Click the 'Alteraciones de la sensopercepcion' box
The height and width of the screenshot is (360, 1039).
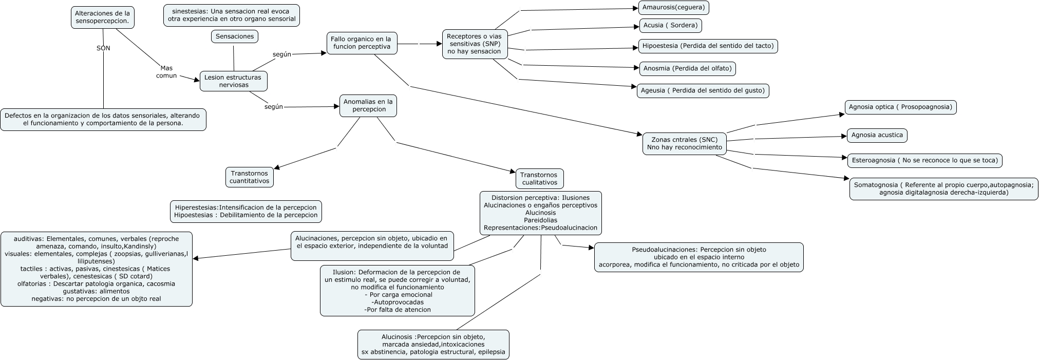click(102, 17)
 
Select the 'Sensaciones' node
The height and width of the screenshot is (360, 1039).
click(234, 36)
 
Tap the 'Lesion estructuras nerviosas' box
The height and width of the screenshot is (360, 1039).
click(233, 81)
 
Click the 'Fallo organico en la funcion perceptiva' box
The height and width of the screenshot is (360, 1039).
click(362, 43)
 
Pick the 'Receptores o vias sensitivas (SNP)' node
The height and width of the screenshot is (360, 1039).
click(474, 44)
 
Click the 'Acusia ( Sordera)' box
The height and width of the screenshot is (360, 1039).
click(670, 25)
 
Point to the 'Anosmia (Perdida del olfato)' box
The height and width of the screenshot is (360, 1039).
click(687, 68)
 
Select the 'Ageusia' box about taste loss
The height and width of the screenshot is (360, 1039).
click(703, 91)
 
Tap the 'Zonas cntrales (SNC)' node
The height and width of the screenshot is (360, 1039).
click(684, 143)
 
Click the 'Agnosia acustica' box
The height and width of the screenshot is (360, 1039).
click(877, 135)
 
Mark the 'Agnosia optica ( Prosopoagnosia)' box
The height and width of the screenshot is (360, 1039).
click(900, 107)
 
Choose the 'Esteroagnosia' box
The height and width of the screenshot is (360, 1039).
click(924, 160)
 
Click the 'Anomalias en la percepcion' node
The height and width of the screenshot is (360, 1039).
click(368, 105)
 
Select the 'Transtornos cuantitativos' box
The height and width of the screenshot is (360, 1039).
click(249, 177)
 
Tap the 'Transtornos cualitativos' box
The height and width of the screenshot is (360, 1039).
click(539, 179)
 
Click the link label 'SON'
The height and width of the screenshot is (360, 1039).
click(103, 48)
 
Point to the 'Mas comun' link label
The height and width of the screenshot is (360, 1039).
click(166, 72)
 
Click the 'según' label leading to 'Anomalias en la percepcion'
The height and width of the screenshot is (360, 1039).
click(273, 107)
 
